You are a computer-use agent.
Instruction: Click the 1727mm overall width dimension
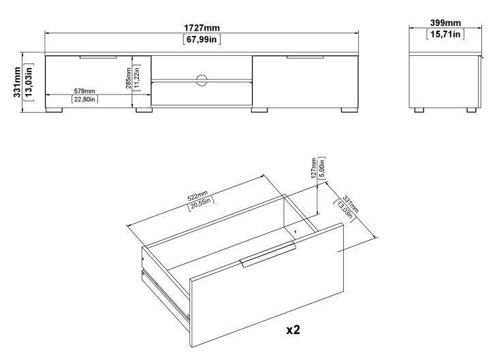pyautogui.click(x=202, y=27)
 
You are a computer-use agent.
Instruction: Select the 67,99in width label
pyautogui.click(x=202, y=39)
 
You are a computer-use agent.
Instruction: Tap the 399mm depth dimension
pyautogui.click(x=444, y=23)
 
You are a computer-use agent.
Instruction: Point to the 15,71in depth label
pyautogui.click(x=444, y=33)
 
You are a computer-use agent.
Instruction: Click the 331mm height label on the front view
pyautogui.click(x=17, y=81)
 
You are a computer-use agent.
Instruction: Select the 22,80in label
pyautogui.click(x=84, y=99)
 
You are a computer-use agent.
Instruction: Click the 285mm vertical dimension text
pyautogui.click(x=129, y=81)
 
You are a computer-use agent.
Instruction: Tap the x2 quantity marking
pyautogui.click(x=293, y=329)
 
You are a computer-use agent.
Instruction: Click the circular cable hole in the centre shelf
pyautogui.click(x=202, y=80)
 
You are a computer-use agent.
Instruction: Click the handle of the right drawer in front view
pyautogui.click(x=304, y=58)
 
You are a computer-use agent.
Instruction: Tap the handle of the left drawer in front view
pyautogui.click(x=98, y=58)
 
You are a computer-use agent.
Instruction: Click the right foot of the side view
pyautogui.click(x=470, y=108)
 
